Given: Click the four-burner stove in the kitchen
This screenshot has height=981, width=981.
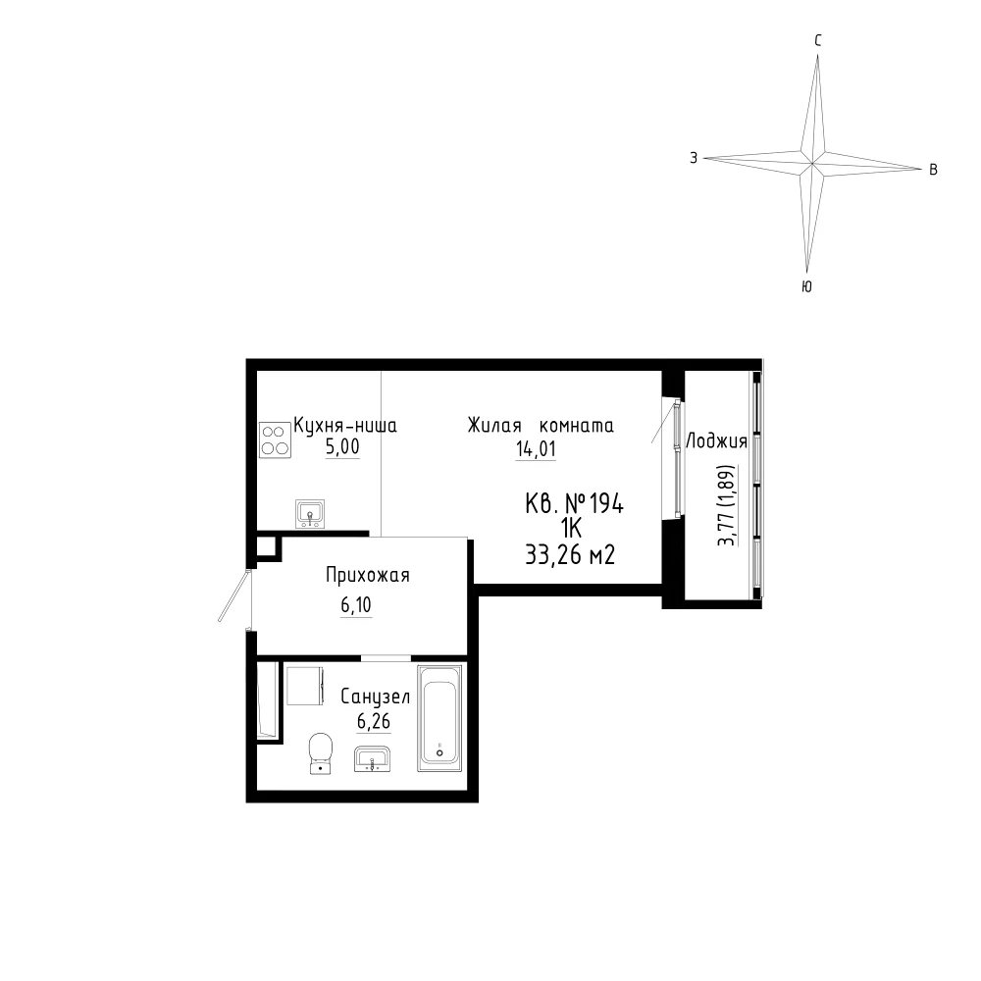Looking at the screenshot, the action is tap(275, 439).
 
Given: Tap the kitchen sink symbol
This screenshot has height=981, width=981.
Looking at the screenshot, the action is tap(310, 514).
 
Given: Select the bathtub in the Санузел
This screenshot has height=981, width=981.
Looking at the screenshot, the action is tap(439, 718).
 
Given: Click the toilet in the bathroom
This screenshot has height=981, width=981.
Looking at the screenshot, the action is tap(321, 752).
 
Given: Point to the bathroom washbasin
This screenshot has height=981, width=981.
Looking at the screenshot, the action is tap(372, 758).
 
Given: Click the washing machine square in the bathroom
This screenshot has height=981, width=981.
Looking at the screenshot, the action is tap(305, 686).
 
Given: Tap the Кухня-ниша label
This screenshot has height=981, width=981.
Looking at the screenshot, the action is tap(345, 426).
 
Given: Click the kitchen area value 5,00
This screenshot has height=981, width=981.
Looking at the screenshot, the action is tap(342, 447).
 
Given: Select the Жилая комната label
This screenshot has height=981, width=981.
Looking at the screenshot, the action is tap(541, 426).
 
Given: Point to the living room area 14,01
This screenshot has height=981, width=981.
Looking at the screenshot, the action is tap(536, 448).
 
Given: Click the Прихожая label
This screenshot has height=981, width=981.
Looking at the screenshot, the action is tap(368, 575).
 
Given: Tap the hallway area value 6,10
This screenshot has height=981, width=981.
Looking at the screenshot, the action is tap(356, 605).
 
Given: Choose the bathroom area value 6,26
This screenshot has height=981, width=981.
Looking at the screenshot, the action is tap(374, 721).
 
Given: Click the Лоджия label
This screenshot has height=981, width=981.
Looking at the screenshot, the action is tap(717, 441).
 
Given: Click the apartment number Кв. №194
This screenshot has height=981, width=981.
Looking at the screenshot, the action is tap(574, 503).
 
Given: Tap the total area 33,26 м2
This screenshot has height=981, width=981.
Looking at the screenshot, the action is tap(570, 554).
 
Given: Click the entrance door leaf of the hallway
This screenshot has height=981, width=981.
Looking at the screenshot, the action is tap(234, 595).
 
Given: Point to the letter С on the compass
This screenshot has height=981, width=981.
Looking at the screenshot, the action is tap(818, 41).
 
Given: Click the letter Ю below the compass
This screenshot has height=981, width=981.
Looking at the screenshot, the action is tap(807, 286).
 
